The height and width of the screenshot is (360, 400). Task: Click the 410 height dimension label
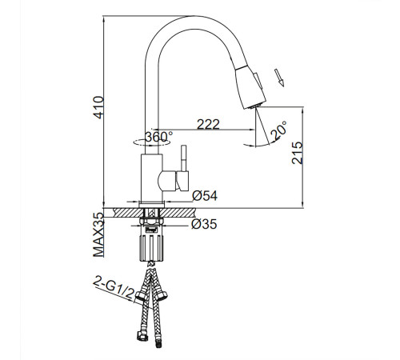click(98, 107)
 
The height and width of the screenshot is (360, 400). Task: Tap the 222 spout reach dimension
click(208, 124)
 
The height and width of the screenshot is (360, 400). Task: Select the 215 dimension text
click(298, 153)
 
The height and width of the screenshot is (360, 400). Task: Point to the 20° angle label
click(278, 130)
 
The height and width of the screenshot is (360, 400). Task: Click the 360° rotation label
click(158, 137)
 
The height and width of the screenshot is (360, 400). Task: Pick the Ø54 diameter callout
click(205, 196)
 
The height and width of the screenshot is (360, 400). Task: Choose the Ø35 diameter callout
click(204, 224)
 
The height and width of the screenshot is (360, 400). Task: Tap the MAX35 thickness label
click(98, 234)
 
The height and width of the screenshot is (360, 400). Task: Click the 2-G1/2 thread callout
click(114, 288)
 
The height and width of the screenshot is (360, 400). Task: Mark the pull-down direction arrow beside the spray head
click(279, 78)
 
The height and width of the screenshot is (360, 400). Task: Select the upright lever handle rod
click(184, 158)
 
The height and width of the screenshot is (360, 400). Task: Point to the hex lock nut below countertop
click(151, 222)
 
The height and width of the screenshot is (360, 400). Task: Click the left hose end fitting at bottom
click(142, 335)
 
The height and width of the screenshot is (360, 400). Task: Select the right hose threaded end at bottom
click(159, 343)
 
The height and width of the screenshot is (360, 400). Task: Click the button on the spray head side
click(258, 81)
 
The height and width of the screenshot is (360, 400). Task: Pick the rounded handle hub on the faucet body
click(166, 181)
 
